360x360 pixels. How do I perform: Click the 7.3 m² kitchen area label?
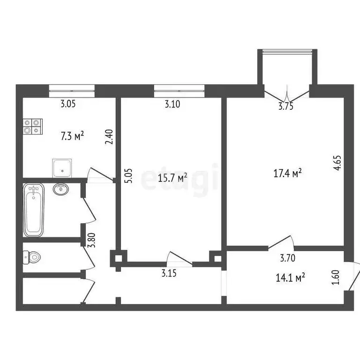coord(72,136)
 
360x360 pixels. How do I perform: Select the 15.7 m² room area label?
coord(172,178)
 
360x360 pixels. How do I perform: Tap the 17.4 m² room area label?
coord(287,173)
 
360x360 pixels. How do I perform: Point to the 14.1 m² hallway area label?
coord(290,277)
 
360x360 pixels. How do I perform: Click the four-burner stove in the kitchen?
coord(33,126)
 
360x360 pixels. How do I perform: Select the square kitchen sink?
coord(62,168)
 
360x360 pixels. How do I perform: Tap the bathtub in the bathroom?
coord(34,210)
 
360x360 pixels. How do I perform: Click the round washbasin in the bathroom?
coord(61,189)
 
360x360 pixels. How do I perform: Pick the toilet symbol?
coord(32,257)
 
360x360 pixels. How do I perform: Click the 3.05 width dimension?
coord(68,104)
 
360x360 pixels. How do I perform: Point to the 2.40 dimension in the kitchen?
coord(109,137)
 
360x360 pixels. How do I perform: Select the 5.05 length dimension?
coord(128,176)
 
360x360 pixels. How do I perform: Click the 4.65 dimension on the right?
coord(337,163)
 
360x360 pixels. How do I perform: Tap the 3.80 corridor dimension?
coord(92,240)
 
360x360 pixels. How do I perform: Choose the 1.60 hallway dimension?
coord(336,277)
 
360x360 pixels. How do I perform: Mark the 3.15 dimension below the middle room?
coord(169,273)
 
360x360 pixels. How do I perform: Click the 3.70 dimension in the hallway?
coord(288,258)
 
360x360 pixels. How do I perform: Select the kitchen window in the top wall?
coord(72,91)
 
